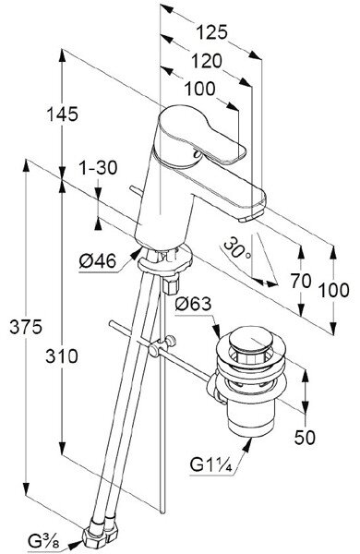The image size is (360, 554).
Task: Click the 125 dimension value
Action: (x=211, y=33)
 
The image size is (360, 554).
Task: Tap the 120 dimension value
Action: (x=207, y=61)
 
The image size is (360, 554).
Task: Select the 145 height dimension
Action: (x=62, y=114)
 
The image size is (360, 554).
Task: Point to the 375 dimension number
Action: (x=26, y=327)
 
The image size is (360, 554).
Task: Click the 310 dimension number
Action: (x=62, y=355)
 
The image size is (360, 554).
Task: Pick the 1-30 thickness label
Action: (x=98, y=167)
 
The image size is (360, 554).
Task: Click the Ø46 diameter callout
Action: (x=98, y=261)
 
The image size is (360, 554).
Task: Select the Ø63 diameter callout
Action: (x=193, y=304)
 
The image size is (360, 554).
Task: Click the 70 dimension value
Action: (x=301, y=282)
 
